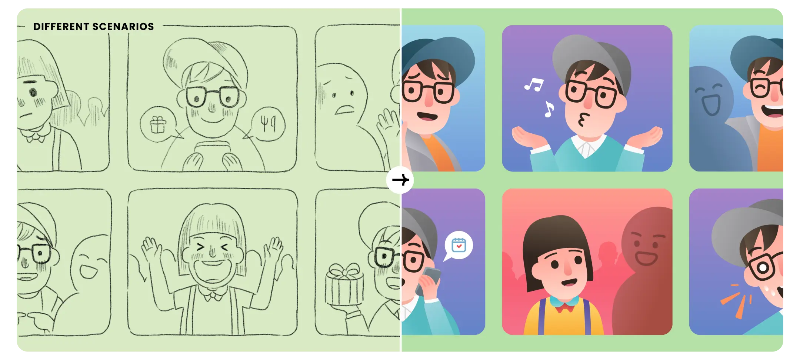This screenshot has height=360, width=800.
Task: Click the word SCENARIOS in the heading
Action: [123, 27]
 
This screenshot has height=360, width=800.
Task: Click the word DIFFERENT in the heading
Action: [61, 27]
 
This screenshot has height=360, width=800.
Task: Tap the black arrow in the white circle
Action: [400, 180]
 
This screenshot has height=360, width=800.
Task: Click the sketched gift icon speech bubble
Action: [158, 124]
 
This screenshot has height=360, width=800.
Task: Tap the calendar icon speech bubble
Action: [458, 246]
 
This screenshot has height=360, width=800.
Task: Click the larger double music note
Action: [534, 85]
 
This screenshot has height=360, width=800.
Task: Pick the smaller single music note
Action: [549, 109]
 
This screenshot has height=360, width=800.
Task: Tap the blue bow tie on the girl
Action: [564, 302]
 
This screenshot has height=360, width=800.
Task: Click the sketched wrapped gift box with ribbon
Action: [344, 284]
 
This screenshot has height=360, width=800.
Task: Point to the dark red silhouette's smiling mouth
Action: [646, 258]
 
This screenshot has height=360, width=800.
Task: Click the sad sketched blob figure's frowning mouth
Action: [344, 109]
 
